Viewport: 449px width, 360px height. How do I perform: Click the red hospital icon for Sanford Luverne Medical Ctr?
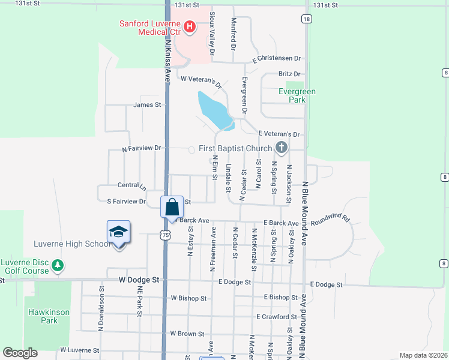(190, 26)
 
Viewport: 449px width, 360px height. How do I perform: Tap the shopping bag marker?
(172, 207)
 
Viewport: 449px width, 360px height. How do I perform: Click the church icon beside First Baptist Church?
(281, 148)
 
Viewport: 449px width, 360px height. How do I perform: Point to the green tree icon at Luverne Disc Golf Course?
(57, 265)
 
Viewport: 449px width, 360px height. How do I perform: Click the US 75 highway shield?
(164, 236)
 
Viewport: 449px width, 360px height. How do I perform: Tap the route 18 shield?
(307, 19)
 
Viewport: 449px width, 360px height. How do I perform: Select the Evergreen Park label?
(297, 96)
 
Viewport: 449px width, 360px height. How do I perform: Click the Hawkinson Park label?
(49, 316)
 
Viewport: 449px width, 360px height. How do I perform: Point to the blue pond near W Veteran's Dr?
(215, 109)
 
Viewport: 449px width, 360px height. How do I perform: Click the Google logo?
(20, 353)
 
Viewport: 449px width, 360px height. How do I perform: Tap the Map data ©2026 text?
(423, 355)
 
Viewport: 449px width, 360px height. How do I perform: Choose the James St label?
(148, 104)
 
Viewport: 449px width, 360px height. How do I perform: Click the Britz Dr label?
(289, 74)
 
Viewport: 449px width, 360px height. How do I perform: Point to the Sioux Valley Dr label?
(212, 37)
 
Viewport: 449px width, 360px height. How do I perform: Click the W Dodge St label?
(139, 280)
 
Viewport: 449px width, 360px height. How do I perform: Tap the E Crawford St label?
(276, 316)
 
